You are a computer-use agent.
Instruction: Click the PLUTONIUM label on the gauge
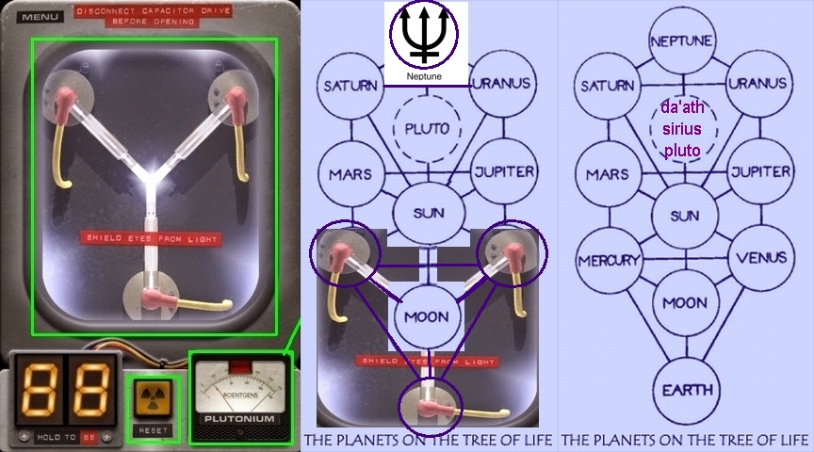241,418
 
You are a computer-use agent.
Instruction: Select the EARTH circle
685,390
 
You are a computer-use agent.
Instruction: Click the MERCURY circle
609,260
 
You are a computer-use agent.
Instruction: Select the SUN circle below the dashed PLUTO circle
429,213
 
